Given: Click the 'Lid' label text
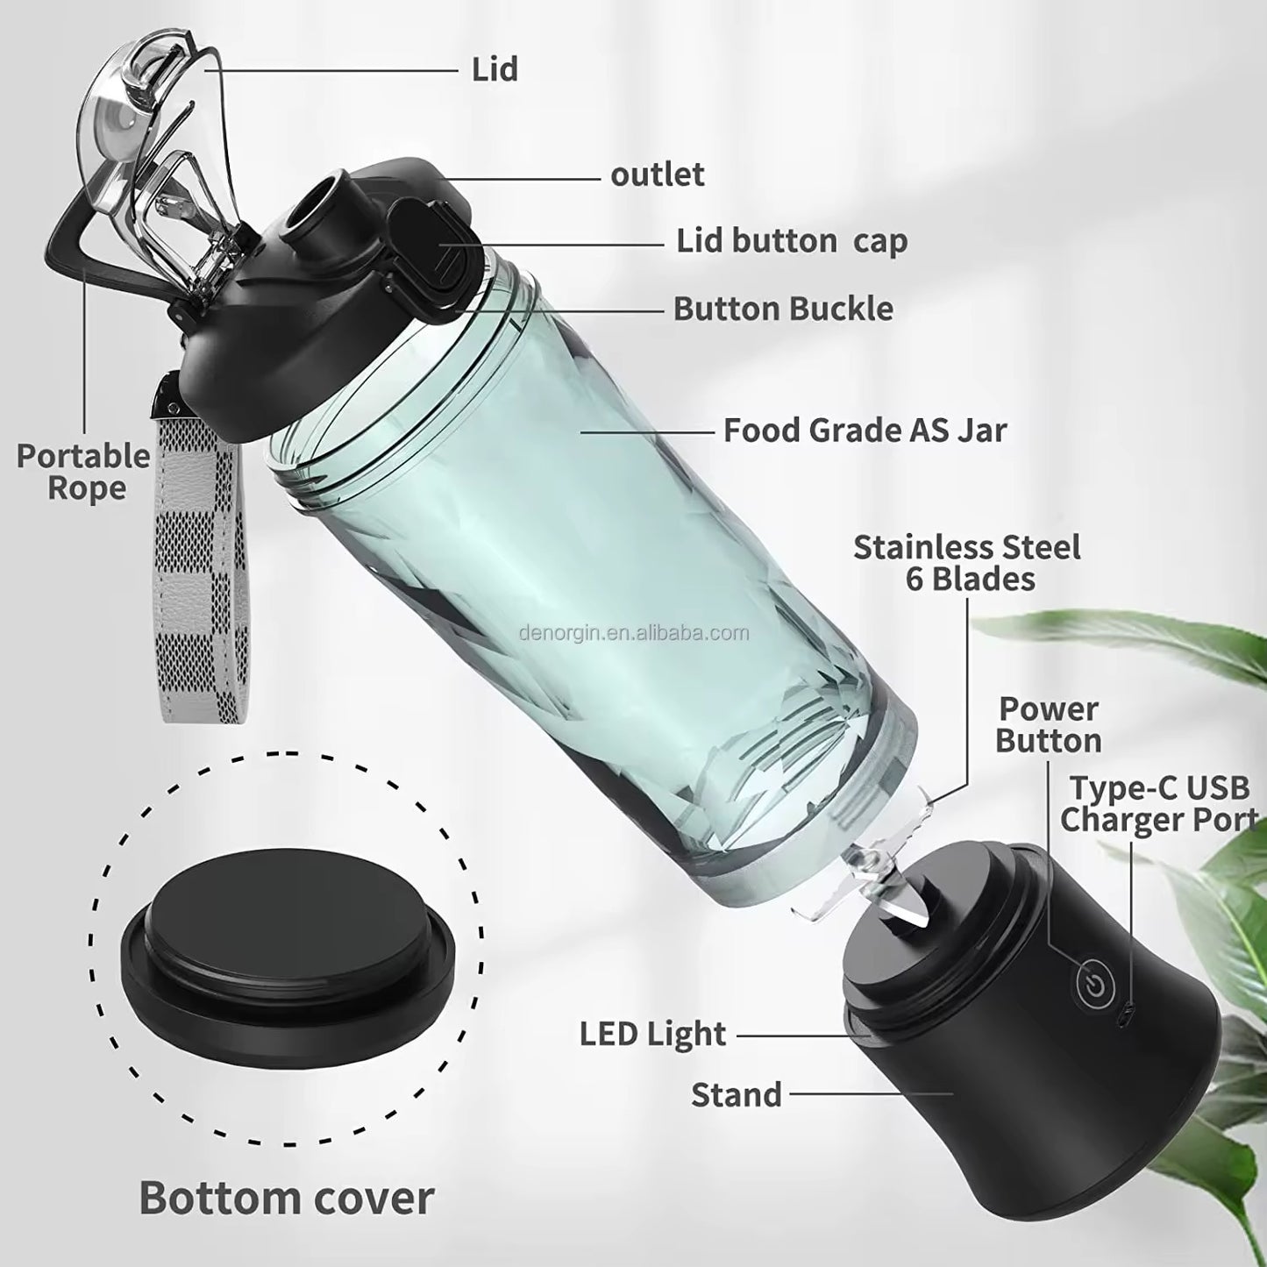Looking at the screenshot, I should tap(495, 69).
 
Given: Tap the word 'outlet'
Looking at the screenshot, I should tap(657, 174).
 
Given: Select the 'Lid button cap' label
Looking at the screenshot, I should tap(791, 240).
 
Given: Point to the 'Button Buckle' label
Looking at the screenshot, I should tap(783, 309).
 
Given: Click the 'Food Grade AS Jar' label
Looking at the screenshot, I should tap(865, 430).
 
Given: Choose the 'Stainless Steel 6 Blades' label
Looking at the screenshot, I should tap(967, 563).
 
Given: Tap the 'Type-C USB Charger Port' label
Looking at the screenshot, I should tap(1158, 803).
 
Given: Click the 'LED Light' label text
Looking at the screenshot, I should tap(652, 1034).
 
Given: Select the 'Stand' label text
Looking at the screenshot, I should tap(736, 1094).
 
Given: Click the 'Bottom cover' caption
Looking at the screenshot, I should tap(286, 1197).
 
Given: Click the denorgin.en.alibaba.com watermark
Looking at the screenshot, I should tap(633, 633).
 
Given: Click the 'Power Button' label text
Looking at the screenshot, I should tap(1048, 724).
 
